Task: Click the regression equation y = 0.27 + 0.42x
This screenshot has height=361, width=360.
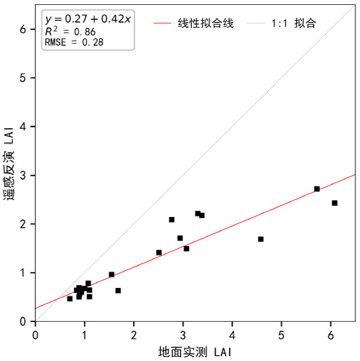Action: pyautogui.click(x=88, y=20)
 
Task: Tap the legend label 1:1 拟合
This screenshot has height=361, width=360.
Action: pyautogui.click(x=294, y=24)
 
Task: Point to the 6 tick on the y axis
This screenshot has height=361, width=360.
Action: pyautogui.click(x=24, y=30)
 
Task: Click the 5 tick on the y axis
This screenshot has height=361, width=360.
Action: pyautogui.click(x=24, y=78)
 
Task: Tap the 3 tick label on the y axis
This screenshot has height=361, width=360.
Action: pyautogui.click(x=24, y=176)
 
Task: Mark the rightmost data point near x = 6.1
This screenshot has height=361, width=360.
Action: pyautogui.click(x=334, y=203)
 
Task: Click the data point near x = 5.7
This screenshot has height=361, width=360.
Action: pyautogui.click(x=317, y=189)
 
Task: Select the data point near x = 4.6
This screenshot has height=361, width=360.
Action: pyautogui.click(x=261, y=239)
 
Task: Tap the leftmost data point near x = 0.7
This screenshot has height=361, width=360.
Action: pyautogui.click(x=70, y=299)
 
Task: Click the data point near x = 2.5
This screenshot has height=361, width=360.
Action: pyautogui.click(x=159, y=252)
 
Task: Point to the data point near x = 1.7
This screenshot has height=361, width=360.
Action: pyautogui.click(x=118, y=291)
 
